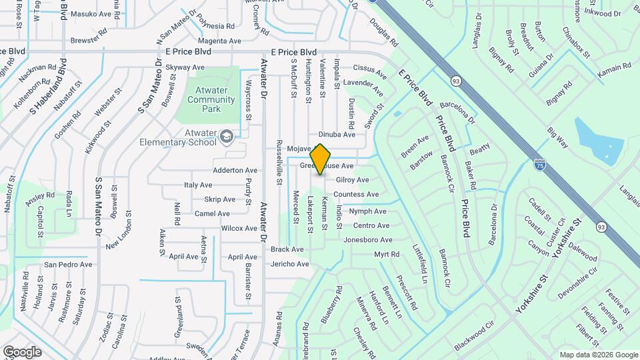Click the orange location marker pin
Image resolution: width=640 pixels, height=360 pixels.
click(321, 159)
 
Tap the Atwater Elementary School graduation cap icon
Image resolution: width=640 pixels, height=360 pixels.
click(227, 137)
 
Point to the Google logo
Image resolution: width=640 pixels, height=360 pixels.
click(22, 351)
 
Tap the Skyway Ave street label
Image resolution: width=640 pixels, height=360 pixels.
click(185, 67)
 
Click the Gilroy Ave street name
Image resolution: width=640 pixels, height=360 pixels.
click(352, 180)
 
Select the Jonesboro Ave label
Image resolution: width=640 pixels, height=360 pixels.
click(367, 239)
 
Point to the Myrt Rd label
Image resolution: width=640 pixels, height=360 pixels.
click(386, 255)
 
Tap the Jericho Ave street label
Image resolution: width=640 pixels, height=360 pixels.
click(290, 264)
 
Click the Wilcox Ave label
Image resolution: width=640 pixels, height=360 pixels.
click(239, 228)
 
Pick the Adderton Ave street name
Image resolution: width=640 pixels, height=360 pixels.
click(235, 170)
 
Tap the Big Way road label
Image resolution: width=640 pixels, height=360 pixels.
click(557, 137)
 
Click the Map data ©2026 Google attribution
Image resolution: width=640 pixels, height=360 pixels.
click(598, 355)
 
